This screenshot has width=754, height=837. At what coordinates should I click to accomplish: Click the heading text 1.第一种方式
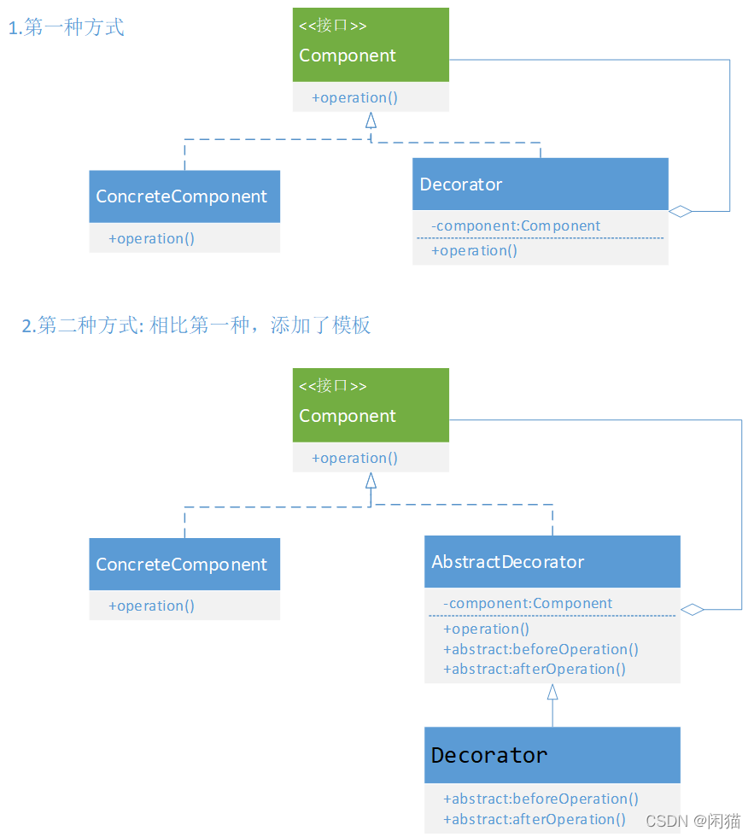click(67, 28)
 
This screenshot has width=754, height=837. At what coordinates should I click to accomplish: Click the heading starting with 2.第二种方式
click(196, 325)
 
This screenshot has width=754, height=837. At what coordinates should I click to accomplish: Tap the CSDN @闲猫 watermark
click(693, 821)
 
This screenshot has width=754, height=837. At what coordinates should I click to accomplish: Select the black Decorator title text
click(489, 756)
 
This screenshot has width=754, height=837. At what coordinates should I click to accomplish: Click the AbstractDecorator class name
click(508, 562)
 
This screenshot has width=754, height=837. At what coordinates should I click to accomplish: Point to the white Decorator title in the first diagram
click(461, 184)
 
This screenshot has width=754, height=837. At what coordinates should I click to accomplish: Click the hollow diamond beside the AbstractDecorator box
click(692, 609)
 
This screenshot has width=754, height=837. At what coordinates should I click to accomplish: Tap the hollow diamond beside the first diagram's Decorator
click(680, 211)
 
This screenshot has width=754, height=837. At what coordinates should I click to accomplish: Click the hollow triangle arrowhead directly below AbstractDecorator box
click(552, 692)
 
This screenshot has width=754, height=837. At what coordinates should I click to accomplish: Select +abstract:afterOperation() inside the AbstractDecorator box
click(535, 669)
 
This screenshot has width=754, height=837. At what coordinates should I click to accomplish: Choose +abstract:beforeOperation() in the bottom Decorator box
click(541, 799)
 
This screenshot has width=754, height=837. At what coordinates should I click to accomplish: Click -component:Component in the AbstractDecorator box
click(528, 603)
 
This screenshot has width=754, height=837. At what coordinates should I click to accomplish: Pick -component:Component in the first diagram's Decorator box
click(516, 225)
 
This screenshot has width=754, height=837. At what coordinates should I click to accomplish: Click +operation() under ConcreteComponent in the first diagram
click(151, 238)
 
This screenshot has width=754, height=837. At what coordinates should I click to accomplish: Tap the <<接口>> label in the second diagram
click(333, 386)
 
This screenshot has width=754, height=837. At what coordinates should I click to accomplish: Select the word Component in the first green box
click(348, 56)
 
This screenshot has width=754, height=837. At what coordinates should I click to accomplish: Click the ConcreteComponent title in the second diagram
click(182, 565)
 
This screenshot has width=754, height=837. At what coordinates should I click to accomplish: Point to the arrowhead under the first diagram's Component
click(371, 120)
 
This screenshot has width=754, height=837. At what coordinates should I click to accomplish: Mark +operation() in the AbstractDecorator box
click(486, 629)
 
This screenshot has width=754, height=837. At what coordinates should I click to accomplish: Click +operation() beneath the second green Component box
click(354, 458)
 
